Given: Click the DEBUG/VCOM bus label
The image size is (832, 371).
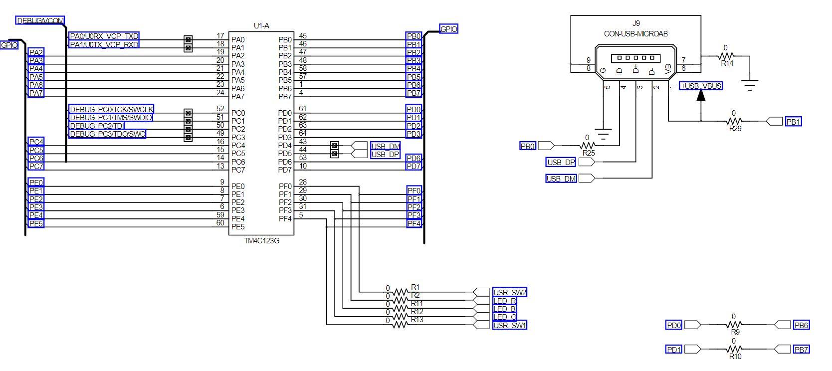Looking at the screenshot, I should (x=40, y=20).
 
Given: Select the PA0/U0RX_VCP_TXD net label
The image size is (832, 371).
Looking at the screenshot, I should (x=104, y=36).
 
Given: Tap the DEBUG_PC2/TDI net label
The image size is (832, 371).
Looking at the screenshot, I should (x=96, y=126).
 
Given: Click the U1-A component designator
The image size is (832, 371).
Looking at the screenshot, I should (x=261, y=26).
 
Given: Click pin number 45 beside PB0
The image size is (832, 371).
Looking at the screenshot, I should (x=303, y=36).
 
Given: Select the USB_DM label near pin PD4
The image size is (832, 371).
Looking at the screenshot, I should (x=386, y=146).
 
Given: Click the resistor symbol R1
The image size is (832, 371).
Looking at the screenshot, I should (x=401, y=292).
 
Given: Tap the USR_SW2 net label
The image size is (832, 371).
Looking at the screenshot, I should (x=509, y=292).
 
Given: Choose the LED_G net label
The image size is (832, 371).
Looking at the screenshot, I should (x=504, y=317).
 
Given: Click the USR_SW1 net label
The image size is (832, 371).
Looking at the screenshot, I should (x=509, y=325).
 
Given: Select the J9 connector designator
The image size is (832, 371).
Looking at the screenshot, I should (x=636, y=23).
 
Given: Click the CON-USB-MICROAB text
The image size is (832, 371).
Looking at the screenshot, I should (x=636, y=33).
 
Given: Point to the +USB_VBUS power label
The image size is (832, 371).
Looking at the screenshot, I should (x=701, y=86).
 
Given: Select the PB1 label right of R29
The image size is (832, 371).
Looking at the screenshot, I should (x=793, y=121).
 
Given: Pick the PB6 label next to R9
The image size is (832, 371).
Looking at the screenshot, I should (x=801, y=325).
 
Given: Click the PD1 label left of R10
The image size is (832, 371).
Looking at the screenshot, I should (x=674, y=350).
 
